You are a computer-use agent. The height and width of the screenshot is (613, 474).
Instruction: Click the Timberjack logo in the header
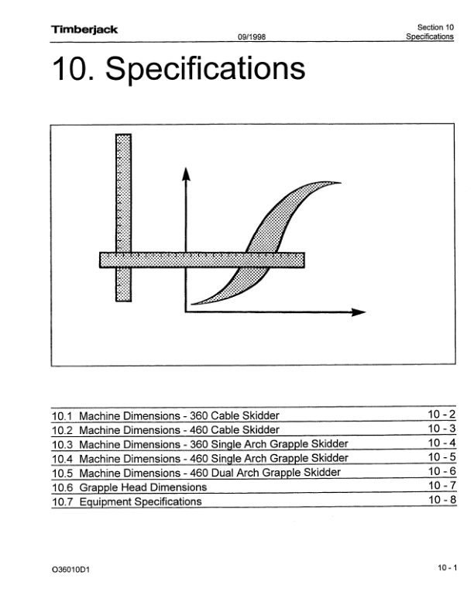click(84, 29)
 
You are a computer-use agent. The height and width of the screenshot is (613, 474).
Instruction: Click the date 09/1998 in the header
click(252, 36)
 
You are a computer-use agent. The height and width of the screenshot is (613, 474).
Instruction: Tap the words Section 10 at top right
click(435, 27)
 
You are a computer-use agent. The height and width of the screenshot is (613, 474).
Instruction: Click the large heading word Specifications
click(205, 70)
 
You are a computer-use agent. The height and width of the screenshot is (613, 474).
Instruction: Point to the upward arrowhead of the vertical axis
click(186, 174)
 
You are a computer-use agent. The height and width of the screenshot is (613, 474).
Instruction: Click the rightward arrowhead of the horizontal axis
click(359, 312)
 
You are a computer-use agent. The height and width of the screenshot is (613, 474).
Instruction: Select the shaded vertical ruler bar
click(123, 218)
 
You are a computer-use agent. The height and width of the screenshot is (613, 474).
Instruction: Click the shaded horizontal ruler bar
click(202, 260)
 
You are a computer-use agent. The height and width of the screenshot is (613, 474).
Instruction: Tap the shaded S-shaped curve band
click(266, 242)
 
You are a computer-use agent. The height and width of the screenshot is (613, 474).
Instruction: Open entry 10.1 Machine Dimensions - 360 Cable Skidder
click(166, 415)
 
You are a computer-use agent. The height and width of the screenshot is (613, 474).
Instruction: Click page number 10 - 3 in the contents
click(441, 429)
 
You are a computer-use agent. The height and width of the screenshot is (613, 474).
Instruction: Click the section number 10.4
click(63, 459)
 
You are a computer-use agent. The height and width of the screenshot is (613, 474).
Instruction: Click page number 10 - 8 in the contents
click(442, 500)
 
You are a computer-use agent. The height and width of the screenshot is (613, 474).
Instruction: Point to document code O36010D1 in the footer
click(70, 570)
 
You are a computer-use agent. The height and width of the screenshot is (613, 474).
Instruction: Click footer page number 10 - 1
click(447, 567)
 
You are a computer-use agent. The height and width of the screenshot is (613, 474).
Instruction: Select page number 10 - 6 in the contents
click(442, 471)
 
